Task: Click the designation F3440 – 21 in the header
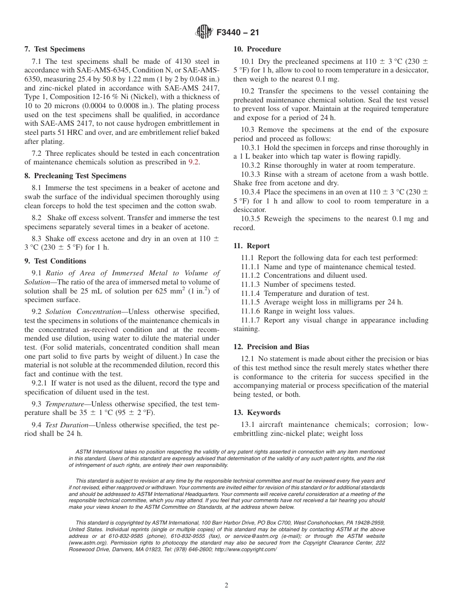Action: [x=237, y=33]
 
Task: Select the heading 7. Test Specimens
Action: [x=54, y=49]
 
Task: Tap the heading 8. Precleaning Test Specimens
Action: [x=75, y=175]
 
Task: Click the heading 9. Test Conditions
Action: [x=55, y=261]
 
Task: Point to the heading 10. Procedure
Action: [x=257, y=49]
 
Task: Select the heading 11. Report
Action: [x=251, y=246]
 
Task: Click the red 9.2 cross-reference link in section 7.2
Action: [x=194, y=162]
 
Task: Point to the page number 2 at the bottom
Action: [x=226, y=586]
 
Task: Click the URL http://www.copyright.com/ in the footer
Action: [x=246, y=549]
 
